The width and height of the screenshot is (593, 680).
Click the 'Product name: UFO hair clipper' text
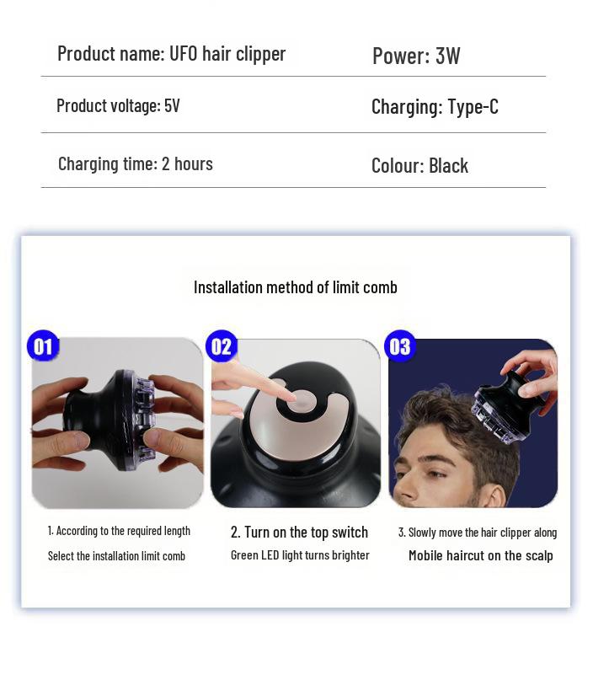pyautogui.click(x=171, y=54)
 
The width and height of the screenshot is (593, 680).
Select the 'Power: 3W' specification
pyautogui.click(x=416, y=56)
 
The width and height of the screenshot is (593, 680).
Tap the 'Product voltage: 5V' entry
pyautogui.click(x=118, y=106)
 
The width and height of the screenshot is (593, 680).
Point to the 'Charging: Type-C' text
pyautogui.click(x=435, y=107)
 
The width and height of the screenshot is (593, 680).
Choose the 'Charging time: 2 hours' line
pyautogui.click(x=135, y=163)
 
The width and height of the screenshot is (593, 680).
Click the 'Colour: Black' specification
pyautogui.click(x=419, y=166)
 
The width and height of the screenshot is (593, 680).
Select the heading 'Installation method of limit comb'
pyautogui.click(x=295, y=287)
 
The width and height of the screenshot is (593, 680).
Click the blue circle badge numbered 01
pyautogui.click(x=42, y=346)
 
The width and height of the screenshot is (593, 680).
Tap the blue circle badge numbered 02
pyautogui.click(x=221, y=346)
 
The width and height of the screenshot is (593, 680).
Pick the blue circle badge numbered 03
pyautogui.click(x=399, y=346)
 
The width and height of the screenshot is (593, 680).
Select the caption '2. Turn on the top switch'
pyautogui.click(x=299, y=532)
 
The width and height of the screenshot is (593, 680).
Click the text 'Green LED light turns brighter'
pyautogui.click(x=300, y=555)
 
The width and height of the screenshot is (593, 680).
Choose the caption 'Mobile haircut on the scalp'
pyautogui.click(x=480, y=555)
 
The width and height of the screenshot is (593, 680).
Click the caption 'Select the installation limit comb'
pyautogui.click(x=116, y=556)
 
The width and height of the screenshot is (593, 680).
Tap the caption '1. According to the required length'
pyautogui.click(x=119, y=531)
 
